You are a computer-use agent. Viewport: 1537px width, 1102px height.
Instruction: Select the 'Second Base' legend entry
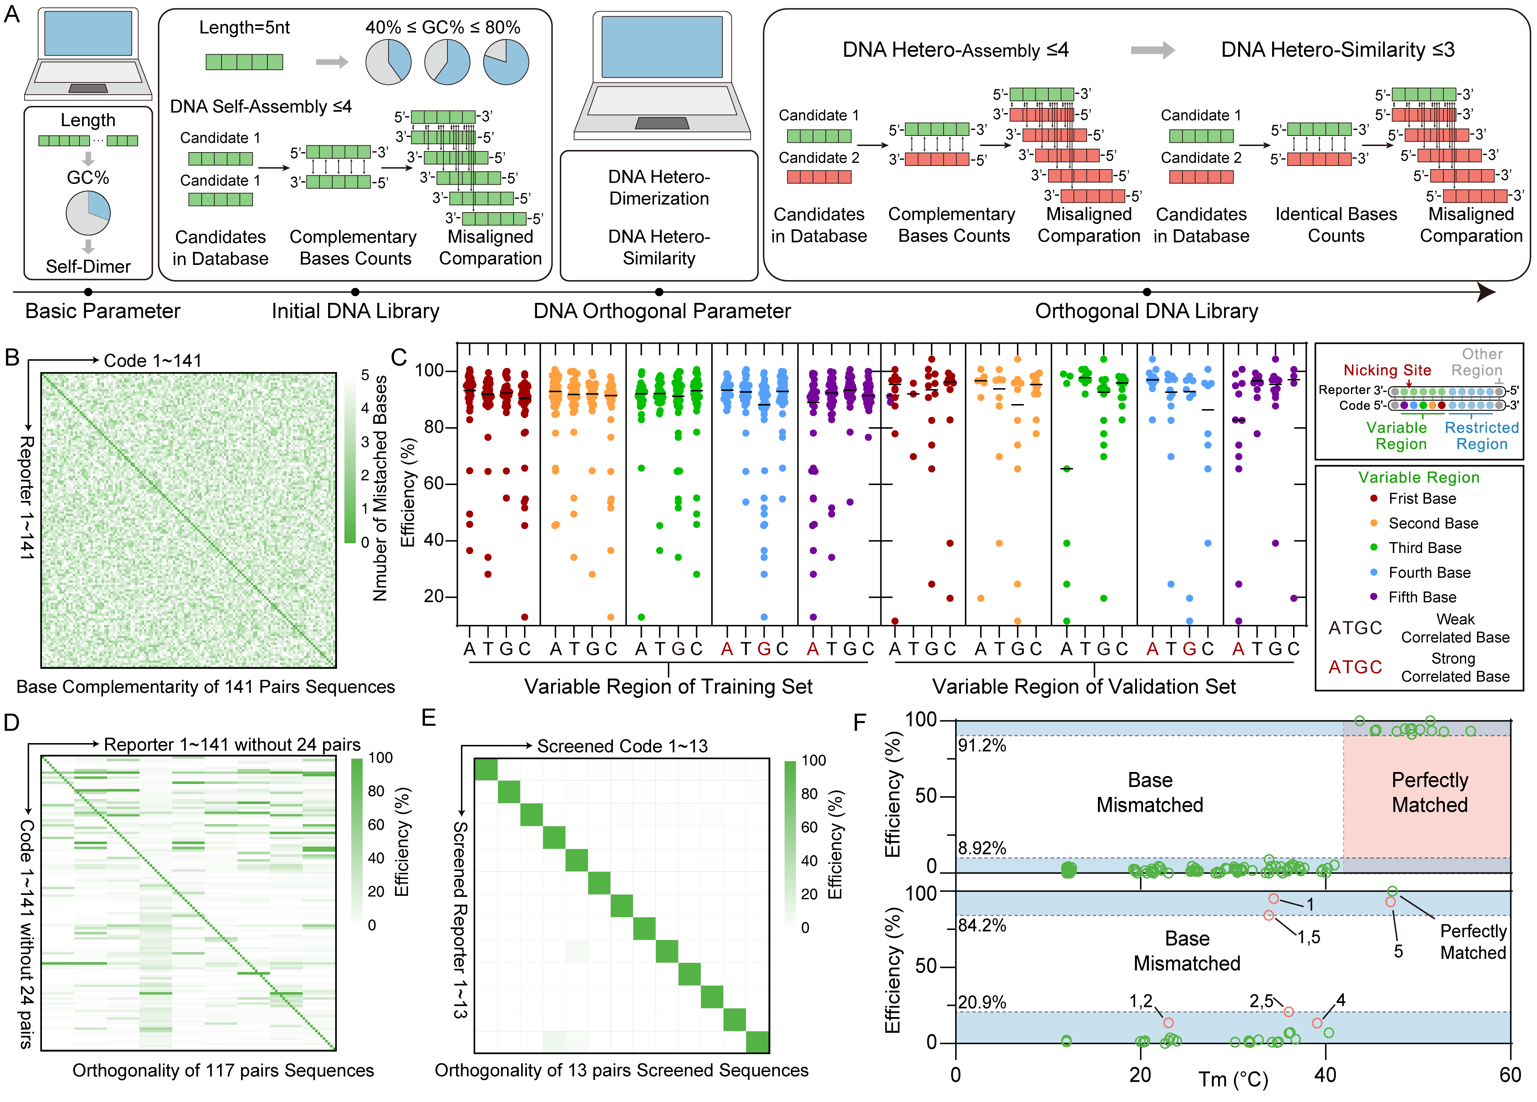[x=1433, y=523]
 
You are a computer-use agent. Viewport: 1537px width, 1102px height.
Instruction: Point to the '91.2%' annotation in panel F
[x=982, y=746]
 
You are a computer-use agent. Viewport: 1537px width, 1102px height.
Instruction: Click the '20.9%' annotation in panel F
[x=982, y=1002]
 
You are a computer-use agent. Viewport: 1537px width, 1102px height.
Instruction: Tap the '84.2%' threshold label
[x=982, y=925]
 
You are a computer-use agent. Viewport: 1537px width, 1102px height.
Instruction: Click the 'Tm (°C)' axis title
[x=1233, y=1078]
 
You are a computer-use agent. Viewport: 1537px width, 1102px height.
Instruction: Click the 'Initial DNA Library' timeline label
[x=355, y=311]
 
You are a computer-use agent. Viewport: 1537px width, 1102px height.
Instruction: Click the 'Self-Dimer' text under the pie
[x=88, y=266]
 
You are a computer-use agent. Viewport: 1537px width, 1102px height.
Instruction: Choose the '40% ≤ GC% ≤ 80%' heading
[x=443, y=28]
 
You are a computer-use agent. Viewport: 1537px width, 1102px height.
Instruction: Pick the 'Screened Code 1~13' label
[x=622, y=746]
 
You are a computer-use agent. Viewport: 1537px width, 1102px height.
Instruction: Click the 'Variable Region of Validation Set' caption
[x=1083, y=687]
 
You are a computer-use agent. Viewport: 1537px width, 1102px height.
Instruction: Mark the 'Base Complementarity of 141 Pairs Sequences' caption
[x=205, y=687]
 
